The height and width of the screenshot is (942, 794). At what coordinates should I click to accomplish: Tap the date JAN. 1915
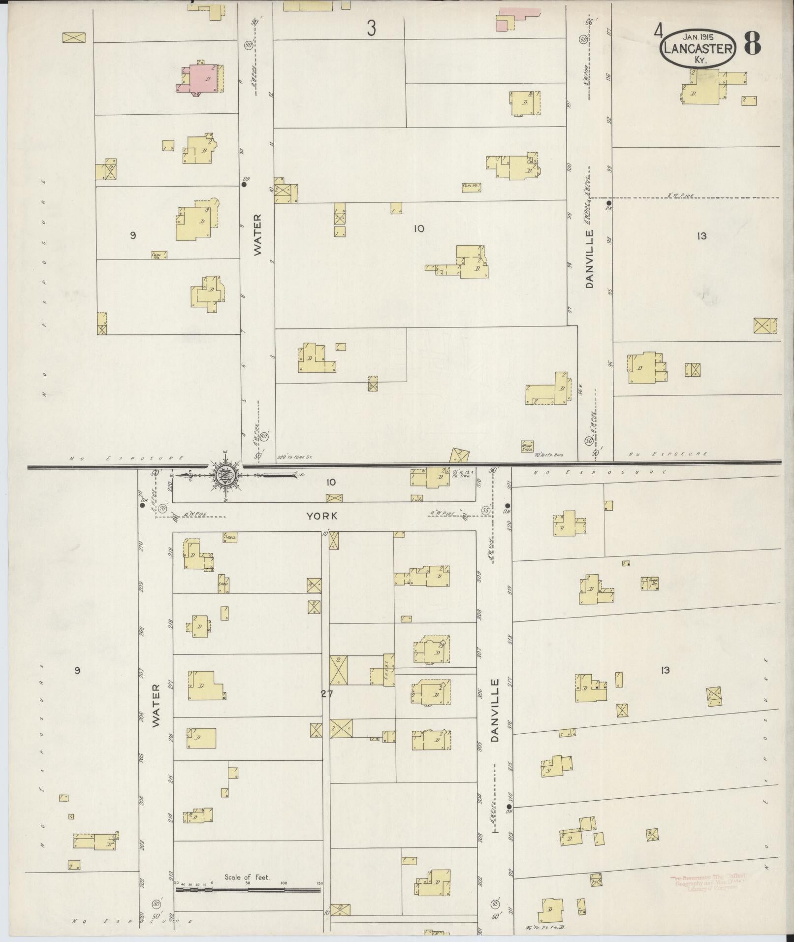[x=699, y=36]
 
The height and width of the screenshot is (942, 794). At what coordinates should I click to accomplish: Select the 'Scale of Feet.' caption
[x=247, y=877]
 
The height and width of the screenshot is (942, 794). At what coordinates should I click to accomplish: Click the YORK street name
[x=322, y=516]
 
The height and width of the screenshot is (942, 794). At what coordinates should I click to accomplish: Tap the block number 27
[x=326, y=694]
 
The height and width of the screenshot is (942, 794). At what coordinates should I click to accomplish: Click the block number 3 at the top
[x=371, y=29]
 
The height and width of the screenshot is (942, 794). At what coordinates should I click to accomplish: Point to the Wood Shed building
[x=527, y=446]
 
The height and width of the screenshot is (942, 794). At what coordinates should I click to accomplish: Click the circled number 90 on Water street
[x=248, y=45]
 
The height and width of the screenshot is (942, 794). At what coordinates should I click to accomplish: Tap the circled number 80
[x=157, y=904]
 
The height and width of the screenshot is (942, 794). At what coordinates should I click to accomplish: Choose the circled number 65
[x=495, y=904]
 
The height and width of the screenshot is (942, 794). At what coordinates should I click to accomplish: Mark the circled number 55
[x=486, y=510]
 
